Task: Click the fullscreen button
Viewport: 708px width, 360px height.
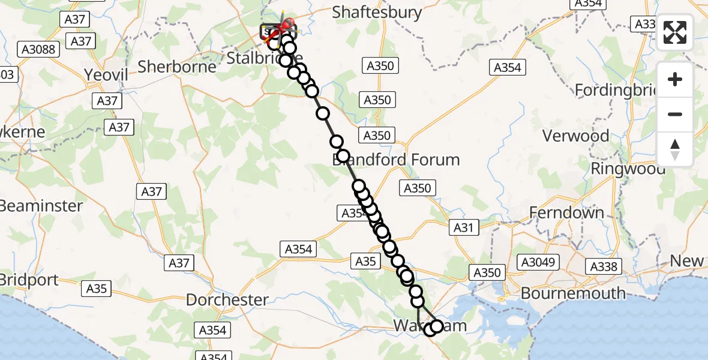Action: pyautogui.click(x=675, y=32)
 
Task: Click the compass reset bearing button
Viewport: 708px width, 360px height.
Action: pyautogui.click(x=675, y=149)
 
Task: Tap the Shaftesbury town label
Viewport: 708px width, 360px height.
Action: pyautogui.click(x=377, y=13)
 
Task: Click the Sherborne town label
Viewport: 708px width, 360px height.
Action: pyautogui.click(x=177, y=66)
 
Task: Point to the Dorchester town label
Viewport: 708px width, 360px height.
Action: pyautogui.click(x=227, y=299)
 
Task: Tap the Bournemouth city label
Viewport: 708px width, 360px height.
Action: pyautogui.click(x=573, y=293)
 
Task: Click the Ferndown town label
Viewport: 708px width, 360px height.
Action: pyautogui.click(x=566, y=212)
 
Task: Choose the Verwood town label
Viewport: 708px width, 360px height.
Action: pyautogui.click(x=575, y=136)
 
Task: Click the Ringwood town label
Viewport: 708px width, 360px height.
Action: pyautogui.click(x=628, y=169)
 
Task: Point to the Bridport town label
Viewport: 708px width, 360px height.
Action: pyautogui.click(x=29, y=280)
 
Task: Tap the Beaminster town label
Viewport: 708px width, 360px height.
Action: pyautogui.click(x=41, y=205)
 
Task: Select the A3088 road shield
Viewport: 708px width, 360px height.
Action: pyautogui.click(x=39, y=49)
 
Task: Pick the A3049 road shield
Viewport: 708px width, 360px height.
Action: pyautogui.click(x=539, y=262)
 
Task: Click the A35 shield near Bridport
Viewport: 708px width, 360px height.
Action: pyautogui.click(x=96, y=289)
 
